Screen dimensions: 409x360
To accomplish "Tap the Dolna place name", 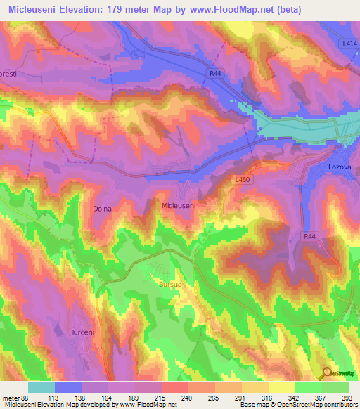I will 102,209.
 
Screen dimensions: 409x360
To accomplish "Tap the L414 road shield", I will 349,44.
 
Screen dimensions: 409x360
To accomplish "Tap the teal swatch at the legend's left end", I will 41,387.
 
